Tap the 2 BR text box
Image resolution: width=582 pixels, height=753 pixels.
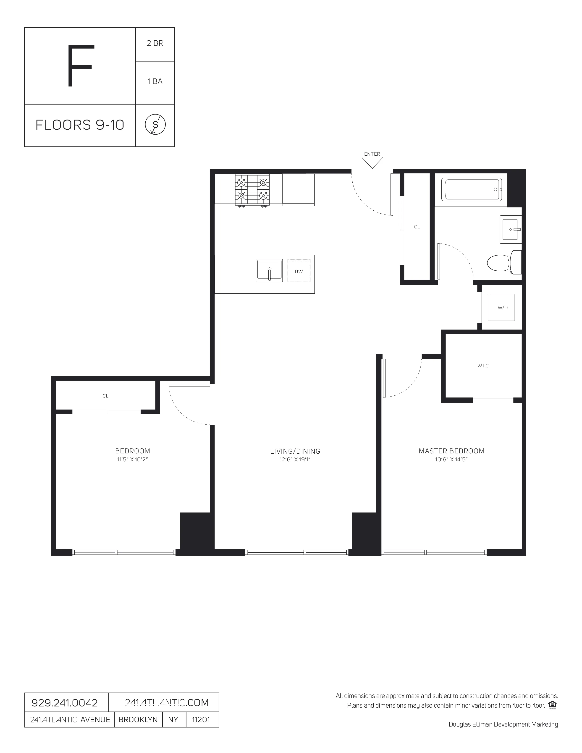click(x=155, y=43)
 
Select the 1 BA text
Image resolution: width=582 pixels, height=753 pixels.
click(x=155, y=81)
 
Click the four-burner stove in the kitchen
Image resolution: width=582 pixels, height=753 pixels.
click(x=252, y=190)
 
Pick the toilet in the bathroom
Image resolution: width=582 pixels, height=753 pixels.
click(x=504, y=263)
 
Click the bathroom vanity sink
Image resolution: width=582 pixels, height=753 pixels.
click(x=510, y=229)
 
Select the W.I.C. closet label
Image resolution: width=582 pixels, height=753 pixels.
click(x=483, y=366)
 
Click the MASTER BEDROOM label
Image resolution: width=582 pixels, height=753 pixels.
click(x=451, y=451)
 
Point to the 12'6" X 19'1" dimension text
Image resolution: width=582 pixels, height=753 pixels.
click(x=295, y=460)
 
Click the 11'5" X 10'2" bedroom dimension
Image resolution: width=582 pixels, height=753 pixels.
click(x=132, y=460)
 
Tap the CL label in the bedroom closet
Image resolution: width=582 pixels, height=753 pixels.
click(x=105, y=396)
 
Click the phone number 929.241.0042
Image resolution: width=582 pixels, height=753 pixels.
click(x=65, y=703)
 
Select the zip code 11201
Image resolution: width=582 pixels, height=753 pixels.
click(x=201, y=719)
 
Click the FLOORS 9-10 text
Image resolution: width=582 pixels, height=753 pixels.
click(x=80, y=125)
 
